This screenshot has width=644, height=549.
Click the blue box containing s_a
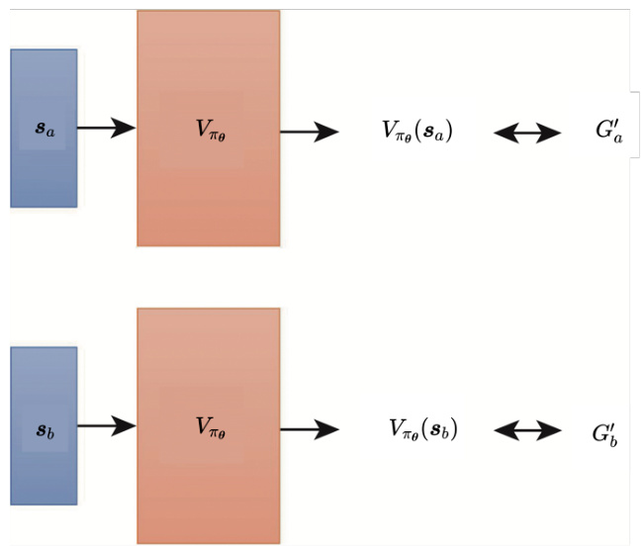click(44, 128)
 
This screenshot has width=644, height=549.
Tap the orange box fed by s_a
click(209, 128)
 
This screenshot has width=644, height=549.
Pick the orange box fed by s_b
click(209, 425)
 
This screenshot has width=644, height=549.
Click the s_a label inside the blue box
click(44, 130)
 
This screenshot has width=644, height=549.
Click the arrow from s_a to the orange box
click(106, 128)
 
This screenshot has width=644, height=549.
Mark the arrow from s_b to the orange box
click(106, 426)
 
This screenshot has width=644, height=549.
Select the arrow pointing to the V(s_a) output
click(310, 130)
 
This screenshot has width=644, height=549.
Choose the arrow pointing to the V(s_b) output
click(310, 428)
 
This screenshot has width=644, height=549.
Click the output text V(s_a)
click(416, 130)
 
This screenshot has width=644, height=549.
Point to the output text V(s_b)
click(422, 428)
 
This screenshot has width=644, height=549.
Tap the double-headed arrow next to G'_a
click(527, 132)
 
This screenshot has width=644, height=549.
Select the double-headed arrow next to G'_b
click(527, 430)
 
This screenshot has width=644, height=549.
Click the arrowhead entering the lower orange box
click(126, 426)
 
